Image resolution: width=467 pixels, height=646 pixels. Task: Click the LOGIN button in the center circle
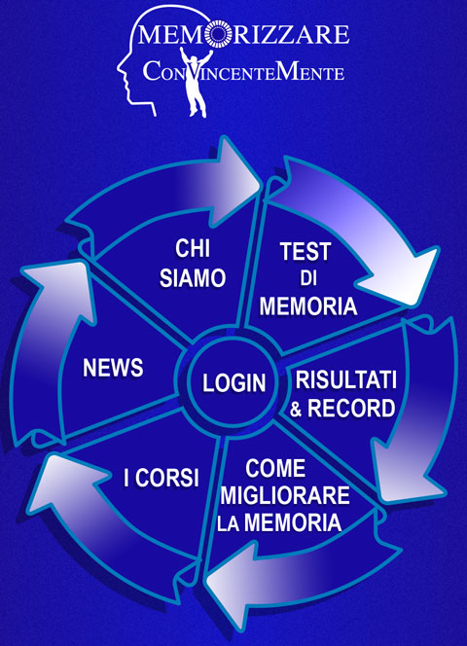click(x=233, y=382)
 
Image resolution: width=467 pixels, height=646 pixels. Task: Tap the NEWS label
click(x=113, y=368)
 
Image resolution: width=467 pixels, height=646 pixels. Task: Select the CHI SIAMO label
click(x=193, y=264)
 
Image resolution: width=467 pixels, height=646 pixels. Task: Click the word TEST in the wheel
click(x=305, y=251)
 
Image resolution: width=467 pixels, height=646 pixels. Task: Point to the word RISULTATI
click(x=345, y=379)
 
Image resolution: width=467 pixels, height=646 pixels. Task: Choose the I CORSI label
click(x=162, y=478)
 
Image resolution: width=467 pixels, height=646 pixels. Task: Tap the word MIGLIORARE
click(x=285, y=495)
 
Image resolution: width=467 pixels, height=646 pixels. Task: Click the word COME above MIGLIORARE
click(x=275, y=468)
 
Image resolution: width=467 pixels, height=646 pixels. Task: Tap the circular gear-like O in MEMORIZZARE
click(x=218, y=34)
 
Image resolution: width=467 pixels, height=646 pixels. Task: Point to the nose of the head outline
click(x=121, y=67)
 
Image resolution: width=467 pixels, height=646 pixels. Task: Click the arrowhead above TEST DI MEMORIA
click(x=398, y=274)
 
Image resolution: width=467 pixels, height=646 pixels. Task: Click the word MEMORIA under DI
click(x=307, y=306)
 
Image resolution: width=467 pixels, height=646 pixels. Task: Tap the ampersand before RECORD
click(x=296, y=409)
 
